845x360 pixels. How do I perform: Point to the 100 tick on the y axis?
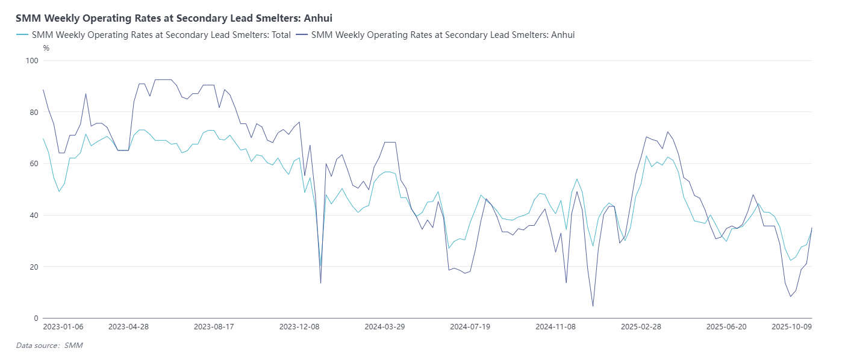(32, 61)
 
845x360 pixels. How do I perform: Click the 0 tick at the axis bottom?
(36, 318)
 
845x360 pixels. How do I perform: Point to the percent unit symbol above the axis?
(46, 48)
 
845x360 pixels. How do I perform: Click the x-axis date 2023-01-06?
(63, 327)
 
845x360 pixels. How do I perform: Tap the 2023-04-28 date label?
(128, 327)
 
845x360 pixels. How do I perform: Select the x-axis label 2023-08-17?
(214, 327)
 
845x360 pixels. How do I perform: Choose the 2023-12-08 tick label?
(299, 327)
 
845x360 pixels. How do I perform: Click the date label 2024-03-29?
(385, 327)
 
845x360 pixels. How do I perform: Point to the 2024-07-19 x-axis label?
(470, 327)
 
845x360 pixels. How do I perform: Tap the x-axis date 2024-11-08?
(556, 327)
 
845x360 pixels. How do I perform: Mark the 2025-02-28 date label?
(641, 327)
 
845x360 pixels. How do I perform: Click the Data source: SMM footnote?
(49, 346)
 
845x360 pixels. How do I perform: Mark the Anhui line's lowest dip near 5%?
(593, 306)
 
